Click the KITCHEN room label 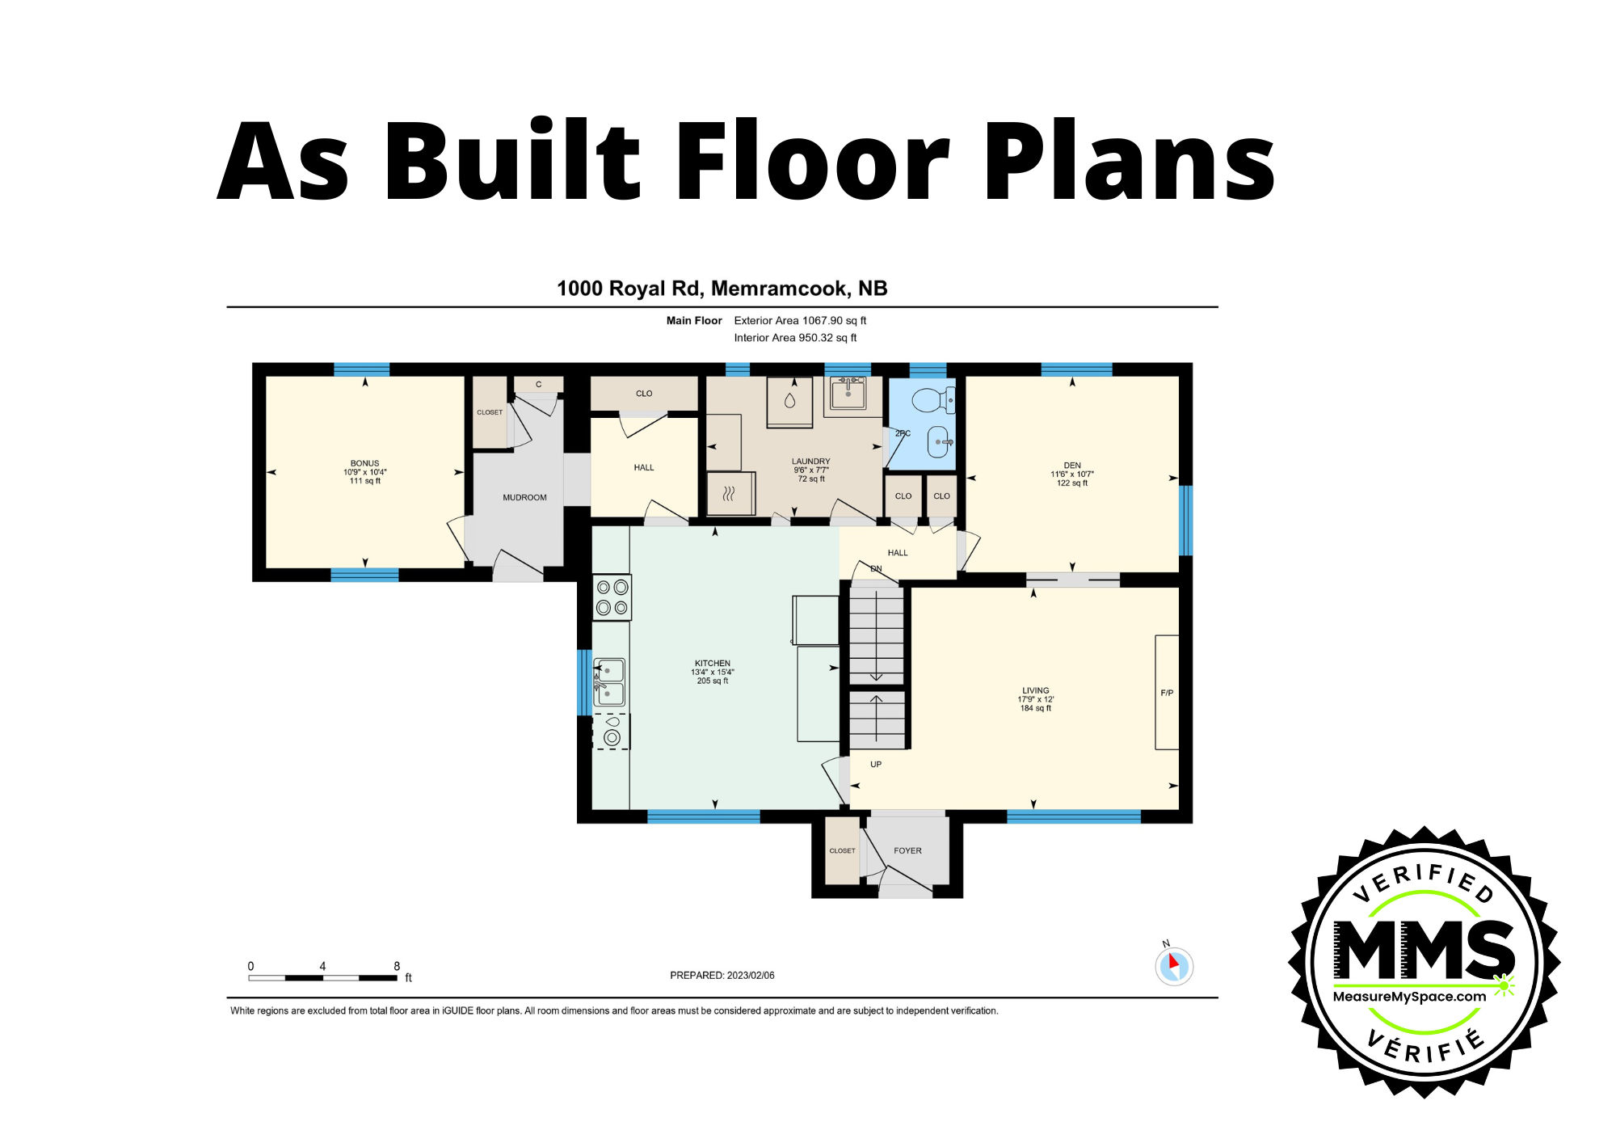coord(712,663)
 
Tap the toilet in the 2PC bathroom coord(932,399)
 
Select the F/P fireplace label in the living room coord(1167,693)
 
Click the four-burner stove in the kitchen coord(612,597)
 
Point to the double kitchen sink coord(609,681)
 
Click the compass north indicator coord(1173,965)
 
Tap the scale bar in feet coord(322,977)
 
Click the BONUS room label coord(364,463)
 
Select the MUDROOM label coord(524,497)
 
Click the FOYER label coord(907,850)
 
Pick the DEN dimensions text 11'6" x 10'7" coord(1071,474)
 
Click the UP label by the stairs coord(876,764)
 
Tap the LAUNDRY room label coord(810,461)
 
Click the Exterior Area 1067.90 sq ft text coord(800,320)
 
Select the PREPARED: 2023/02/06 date coord(722,975)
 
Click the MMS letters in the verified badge coord(1424,949)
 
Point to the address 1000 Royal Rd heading coord(722,289)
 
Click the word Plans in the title coord(1129,162)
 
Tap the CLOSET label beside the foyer coord(842,850)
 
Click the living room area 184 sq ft coord(1035,708)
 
